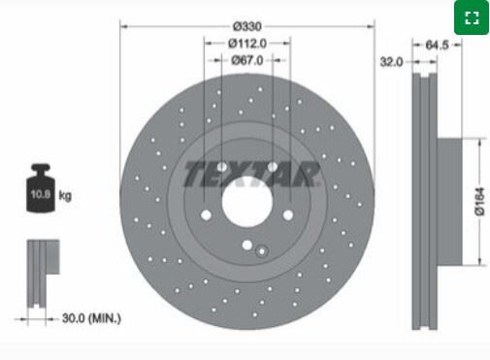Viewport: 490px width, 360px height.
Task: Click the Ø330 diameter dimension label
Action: pos(247,26)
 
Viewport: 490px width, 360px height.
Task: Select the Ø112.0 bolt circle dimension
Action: pos(247,44)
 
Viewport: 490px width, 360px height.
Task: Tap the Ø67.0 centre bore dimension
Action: pos(247,60)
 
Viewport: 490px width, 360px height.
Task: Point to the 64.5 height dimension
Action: pos(437,45)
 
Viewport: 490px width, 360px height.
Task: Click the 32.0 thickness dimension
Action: pos(391,62)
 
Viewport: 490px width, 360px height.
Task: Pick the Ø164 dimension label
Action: pos(479,201)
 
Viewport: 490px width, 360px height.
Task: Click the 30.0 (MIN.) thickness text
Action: pos(91,318)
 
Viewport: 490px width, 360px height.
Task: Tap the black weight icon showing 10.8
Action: pos(41,188)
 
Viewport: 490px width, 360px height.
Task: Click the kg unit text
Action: pos(65,195)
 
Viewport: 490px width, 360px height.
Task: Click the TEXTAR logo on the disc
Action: pos(251,174)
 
